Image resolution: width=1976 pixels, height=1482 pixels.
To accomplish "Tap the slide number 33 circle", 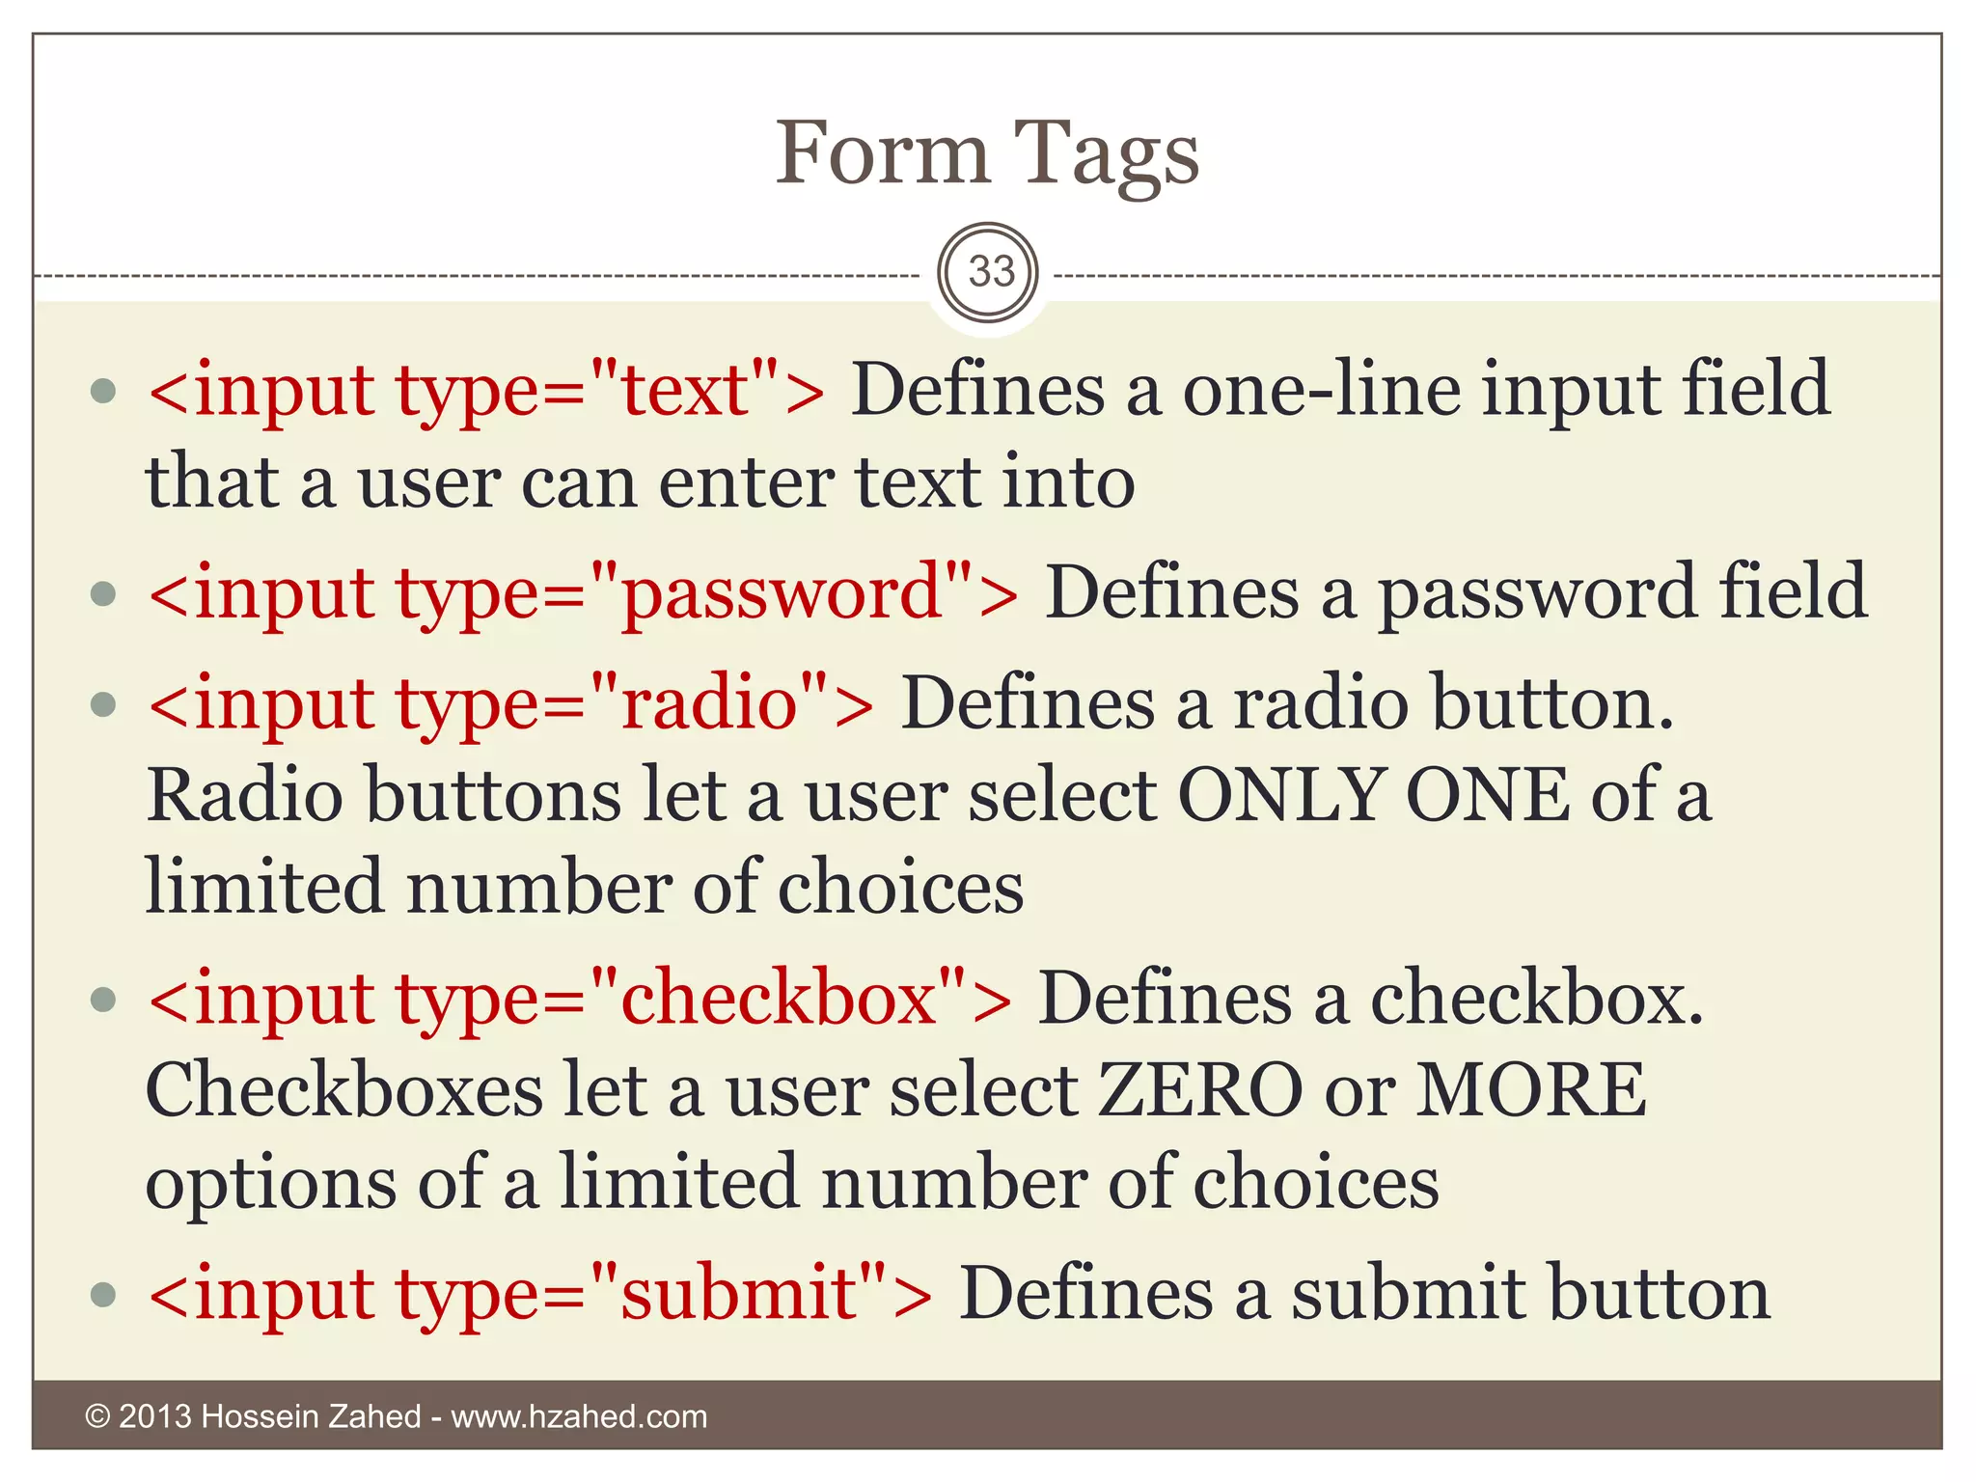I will [988, 273].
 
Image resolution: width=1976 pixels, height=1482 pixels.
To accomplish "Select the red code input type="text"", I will [486, 391].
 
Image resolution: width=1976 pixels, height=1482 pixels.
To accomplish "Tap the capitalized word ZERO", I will [1200, 1090].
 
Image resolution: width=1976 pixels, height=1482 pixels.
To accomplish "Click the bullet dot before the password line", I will [103, 593].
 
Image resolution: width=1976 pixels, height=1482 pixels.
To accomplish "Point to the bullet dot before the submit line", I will [103, 1294].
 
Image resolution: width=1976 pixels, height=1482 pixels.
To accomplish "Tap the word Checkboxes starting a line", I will [344, 1090].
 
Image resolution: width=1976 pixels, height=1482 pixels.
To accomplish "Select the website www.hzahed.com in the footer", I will [579, 1416].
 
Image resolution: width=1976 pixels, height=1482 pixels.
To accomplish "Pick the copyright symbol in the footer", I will [97, 1416].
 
